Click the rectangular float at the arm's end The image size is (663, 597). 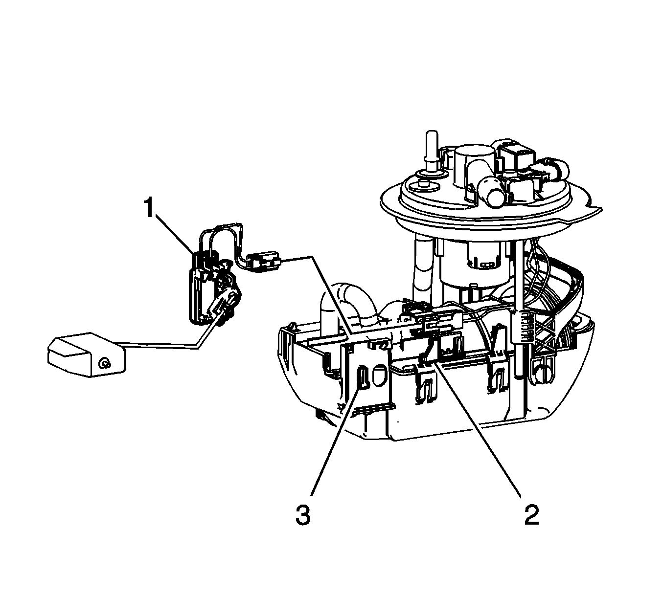click(87, 354)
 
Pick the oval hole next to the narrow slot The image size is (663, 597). click(378, 376)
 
